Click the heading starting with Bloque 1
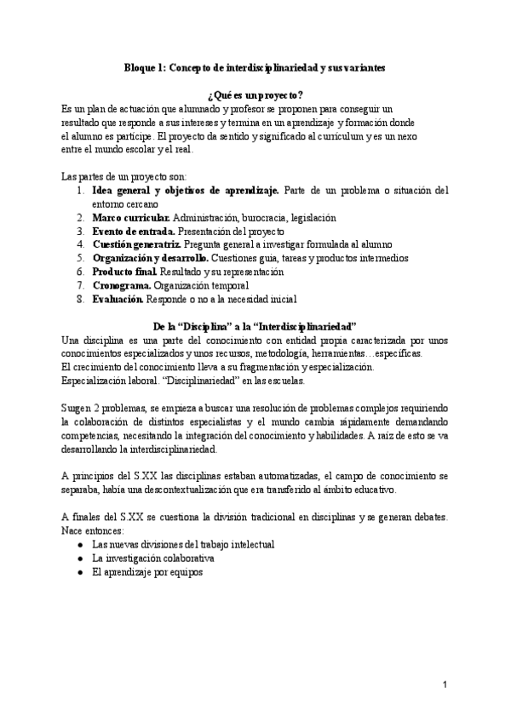(255, 66)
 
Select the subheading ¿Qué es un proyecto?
(255, 95)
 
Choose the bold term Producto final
(124, 271)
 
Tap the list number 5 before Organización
(79, 258)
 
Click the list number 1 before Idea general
(79, 191)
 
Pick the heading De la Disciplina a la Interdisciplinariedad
(255, 326)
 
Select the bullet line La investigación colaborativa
(152, 558)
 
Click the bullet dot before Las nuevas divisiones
(79, 544)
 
